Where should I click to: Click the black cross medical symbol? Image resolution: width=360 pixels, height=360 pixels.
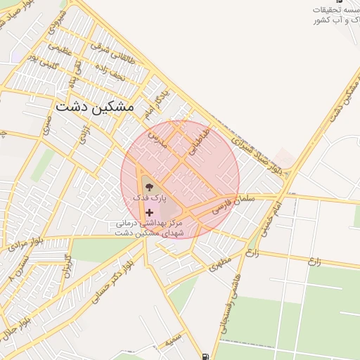click(x=149, y=212)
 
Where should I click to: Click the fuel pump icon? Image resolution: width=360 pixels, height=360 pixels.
click(x=205, y=356)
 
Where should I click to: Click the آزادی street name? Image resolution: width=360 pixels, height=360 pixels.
click(x=83, y=132)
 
